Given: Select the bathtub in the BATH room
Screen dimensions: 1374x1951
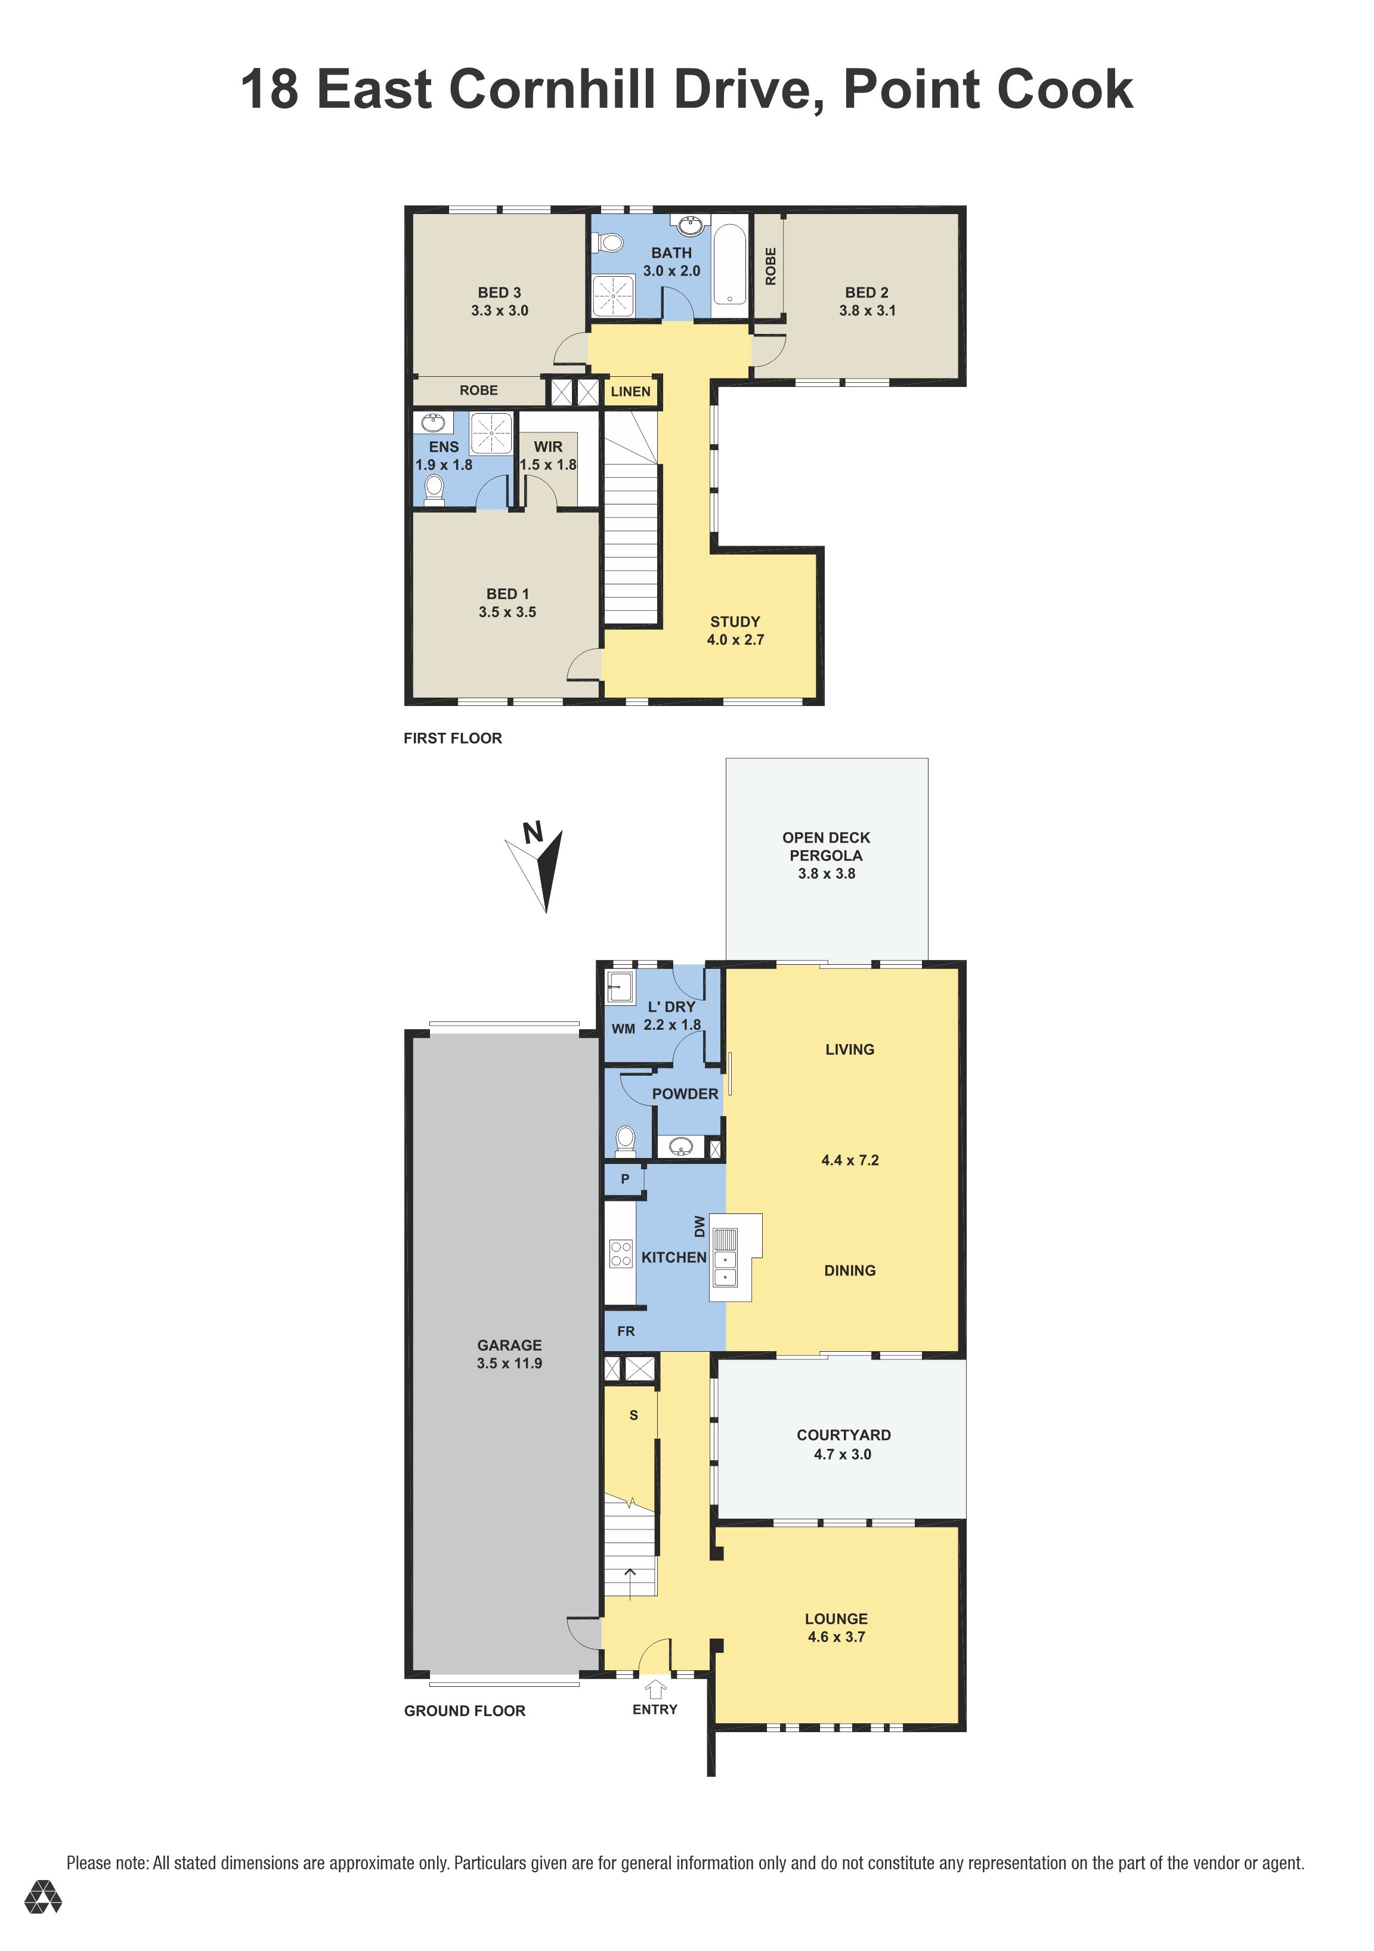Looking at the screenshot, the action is (729, 264).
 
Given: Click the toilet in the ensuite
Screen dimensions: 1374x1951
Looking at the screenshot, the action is (434, 490).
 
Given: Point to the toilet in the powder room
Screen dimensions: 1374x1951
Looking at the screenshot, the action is (626, 1141).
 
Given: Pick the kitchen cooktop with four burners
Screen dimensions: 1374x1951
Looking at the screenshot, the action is (621, 1253).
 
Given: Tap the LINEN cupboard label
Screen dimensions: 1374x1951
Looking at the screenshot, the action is (630, 392).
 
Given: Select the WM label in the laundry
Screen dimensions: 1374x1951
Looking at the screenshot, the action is (624, 1029).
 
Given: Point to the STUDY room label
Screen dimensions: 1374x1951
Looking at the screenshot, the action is (735, 622).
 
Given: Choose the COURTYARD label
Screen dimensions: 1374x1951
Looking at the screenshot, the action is (844, 1435).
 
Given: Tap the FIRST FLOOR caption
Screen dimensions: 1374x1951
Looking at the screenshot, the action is (453, 738).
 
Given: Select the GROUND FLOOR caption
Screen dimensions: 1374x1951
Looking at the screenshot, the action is (465, 1711).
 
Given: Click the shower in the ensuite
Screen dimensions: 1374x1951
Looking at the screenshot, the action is (491, 433).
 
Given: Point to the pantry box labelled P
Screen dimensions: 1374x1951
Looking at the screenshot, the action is (624, 1179).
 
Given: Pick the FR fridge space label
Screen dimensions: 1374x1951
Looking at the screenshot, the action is (626, 1331).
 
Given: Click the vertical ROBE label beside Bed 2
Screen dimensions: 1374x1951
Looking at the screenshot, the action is (770, 266).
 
